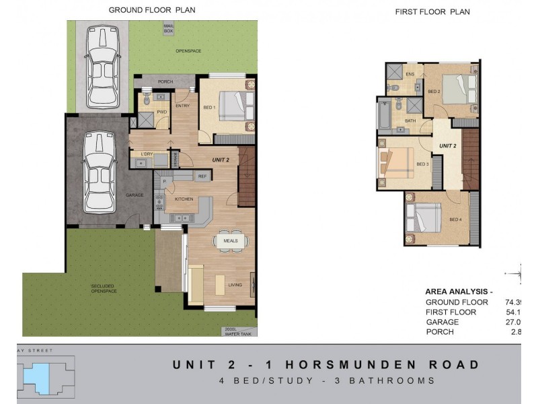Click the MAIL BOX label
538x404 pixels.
[x=169, y=28]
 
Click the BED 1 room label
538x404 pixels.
[x=209, y=107]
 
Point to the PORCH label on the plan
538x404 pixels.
[x=165, y=81]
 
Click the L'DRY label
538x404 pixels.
[x=146, y=154]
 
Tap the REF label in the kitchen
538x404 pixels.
[x=202, y=176]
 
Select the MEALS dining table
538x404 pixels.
[x=231, y=240]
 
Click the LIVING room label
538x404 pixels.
[x=235, y=285]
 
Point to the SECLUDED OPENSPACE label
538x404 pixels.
[x=104, y=289]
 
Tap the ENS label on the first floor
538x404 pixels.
[x=410, y=73]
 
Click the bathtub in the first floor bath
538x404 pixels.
[x=385, y=115]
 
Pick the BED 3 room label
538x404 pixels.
[x=422, y=164]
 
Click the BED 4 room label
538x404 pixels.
[x=455, y=220]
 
